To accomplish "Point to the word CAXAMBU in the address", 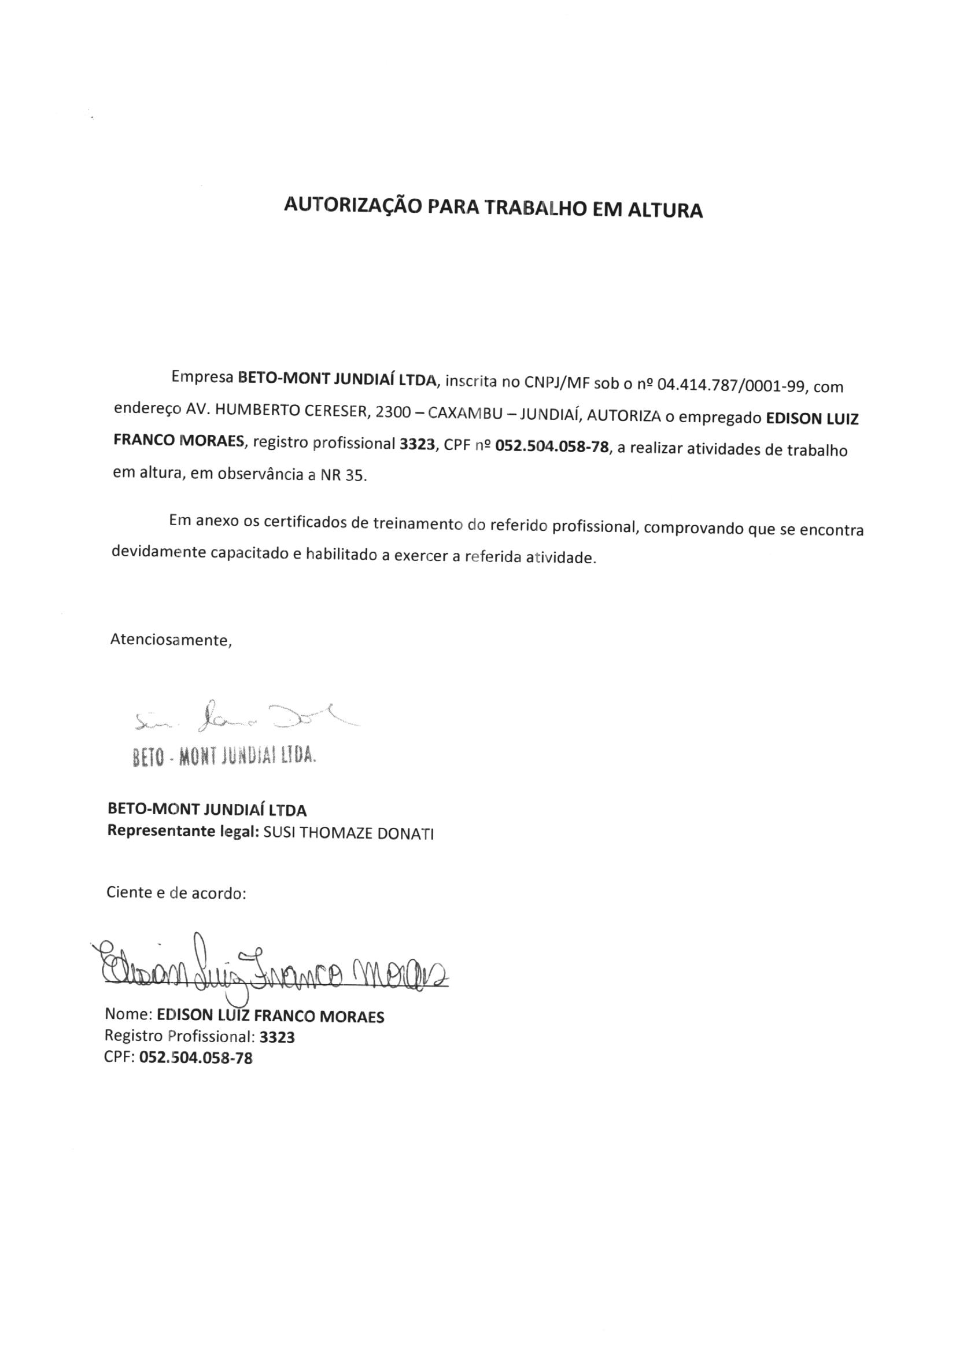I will [x=464, y=413].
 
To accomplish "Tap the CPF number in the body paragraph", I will [x=552, y=447].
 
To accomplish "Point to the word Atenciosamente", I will [x=171, y=640].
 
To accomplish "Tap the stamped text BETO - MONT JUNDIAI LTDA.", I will [x=224, y=755].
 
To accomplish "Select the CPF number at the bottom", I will [x=195, y=1058].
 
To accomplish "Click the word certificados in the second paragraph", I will [x=305, y=522].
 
